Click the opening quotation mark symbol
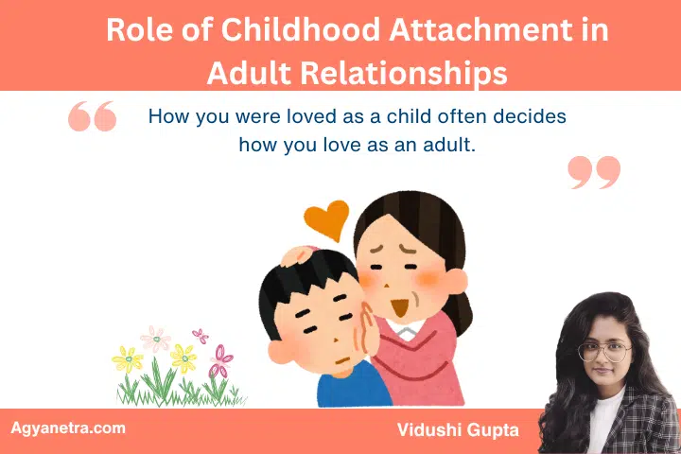point(93,116)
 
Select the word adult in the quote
point(447,146)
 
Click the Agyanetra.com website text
point(67,428)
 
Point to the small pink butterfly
point(201,335)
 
